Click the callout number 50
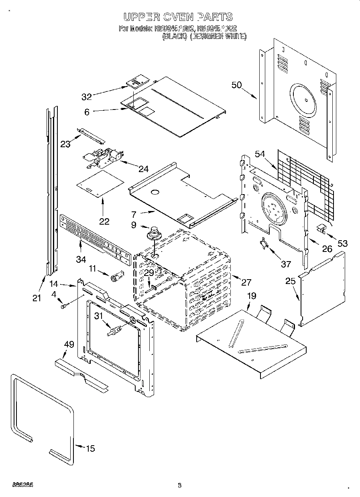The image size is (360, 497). click(237, 85)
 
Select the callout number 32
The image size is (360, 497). click(87, 96)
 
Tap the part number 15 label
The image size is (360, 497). click(91, 448)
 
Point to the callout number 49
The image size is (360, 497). click(69, 344)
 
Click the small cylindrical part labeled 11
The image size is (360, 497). click(116, 277)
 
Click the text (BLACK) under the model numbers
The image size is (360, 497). click(175, 36)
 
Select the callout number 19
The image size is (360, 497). click(251, 297)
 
